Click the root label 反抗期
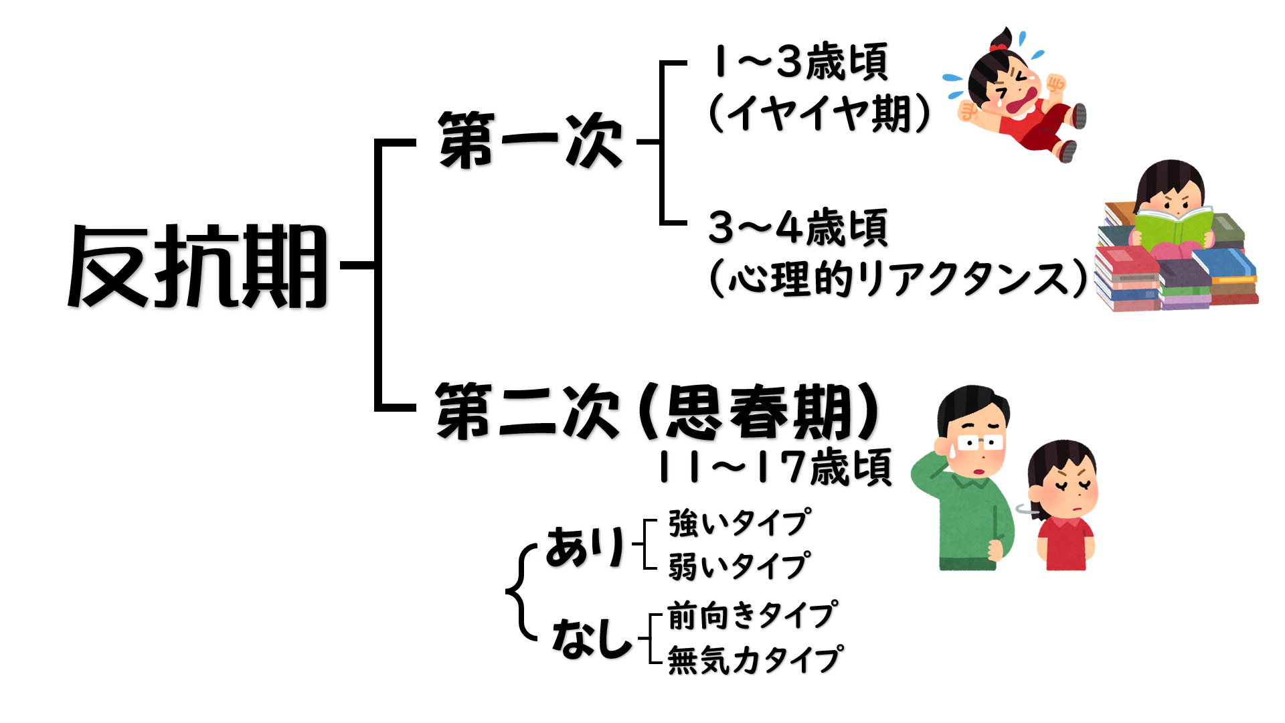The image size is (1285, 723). click(198, 266)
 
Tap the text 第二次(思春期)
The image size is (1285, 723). click(656, 411)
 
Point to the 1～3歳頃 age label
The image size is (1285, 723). click(800, 62)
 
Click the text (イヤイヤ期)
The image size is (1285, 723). click(819, 113)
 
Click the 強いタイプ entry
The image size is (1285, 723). click(740, 523)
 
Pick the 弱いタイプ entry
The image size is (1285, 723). click(740, 566)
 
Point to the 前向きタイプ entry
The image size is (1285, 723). click(752, 615)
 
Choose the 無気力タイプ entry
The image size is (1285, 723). click(756, 659)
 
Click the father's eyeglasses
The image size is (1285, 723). click(980, 442)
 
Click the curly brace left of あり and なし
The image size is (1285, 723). click(521, 592)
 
